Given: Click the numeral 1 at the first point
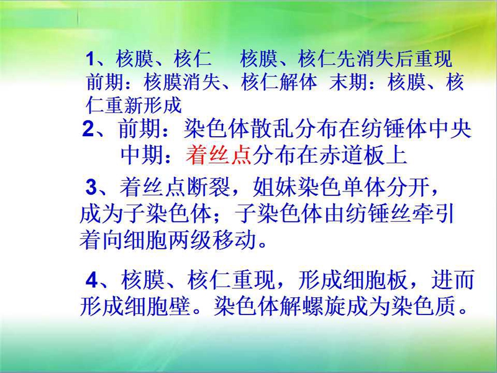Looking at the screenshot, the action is [90, 59].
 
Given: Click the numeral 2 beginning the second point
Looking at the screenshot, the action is [88, 129].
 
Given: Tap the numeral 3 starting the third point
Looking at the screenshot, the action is [91, 187].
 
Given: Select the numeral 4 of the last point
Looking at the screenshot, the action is [91, 280].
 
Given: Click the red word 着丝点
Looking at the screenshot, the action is [219, 156].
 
